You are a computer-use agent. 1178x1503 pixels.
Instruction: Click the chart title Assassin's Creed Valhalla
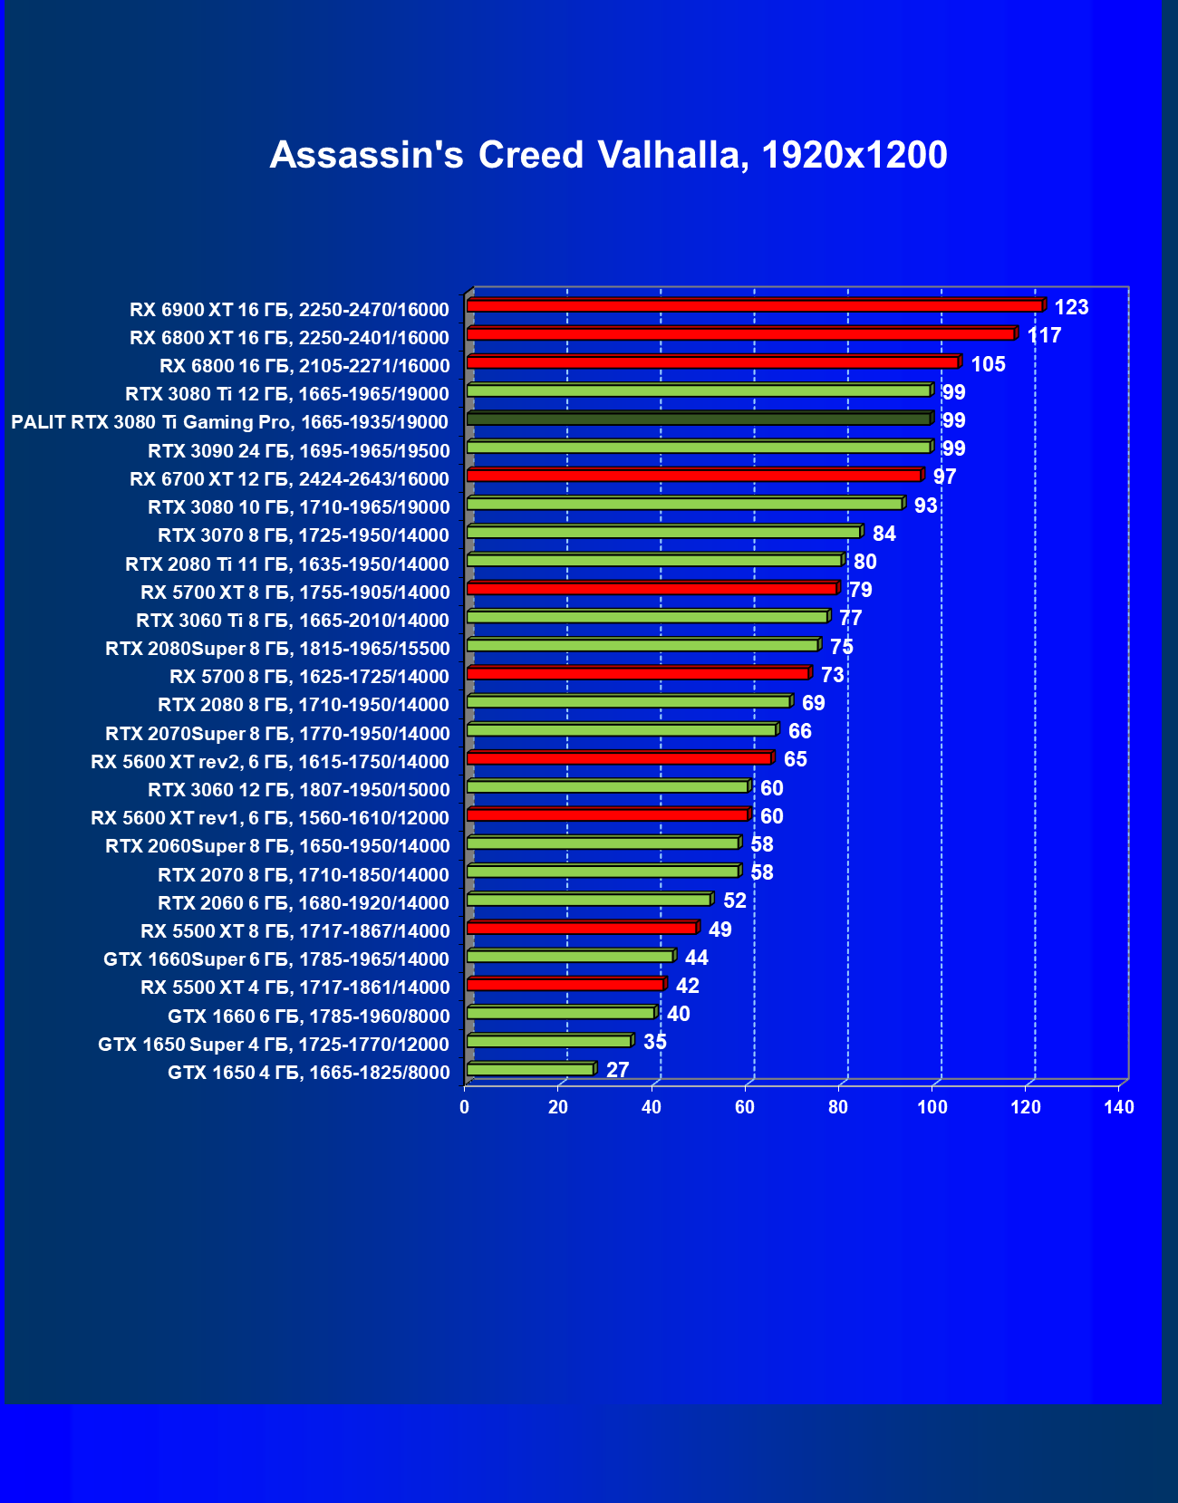(608, 155)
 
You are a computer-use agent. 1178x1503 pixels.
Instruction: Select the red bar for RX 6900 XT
(754, 306)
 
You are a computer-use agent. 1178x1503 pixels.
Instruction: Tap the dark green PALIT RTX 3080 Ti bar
(699, 419)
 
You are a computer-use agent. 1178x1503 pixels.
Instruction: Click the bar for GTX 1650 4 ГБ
(530, 1070)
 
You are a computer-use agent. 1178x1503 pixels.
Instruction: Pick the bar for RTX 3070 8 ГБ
(663, 532)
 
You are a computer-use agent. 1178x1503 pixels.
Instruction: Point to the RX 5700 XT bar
(652, 589)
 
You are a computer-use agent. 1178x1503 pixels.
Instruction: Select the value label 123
(1071, 307)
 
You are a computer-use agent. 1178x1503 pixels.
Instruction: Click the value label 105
(988, 364)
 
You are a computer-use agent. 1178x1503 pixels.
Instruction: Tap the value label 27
(617, 1070)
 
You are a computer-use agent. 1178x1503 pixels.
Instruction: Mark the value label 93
(925, 506)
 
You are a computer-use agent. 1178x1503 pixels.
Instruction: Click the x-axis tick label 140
(1119, 1107)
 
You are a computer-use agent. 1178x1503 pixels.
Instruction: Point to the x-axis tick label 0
(465, 1107)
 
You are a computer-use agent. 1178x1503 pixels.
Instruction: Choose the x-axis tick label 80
(838, 1107)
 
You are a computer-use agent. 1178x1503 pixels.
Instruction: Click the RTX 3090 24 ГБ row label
(298, 451)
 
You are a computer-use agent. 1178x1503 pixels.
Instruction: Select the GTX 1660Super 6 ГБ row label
(276, 959)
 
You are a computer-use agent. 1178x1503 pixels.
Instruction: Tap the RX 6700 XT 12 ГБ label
(289, 479)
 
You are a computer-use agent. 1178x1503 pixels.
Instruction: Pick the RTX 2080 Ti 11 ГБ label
(287, 564)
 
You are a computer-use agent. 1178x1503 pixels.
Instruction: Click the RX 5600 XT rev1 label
(270, 818)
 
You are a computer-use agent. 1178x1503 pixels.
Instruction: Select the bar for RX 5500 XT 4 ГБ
(565, 985)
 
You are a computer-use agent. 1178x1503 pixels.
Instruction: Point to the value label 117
(1044, 336)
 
